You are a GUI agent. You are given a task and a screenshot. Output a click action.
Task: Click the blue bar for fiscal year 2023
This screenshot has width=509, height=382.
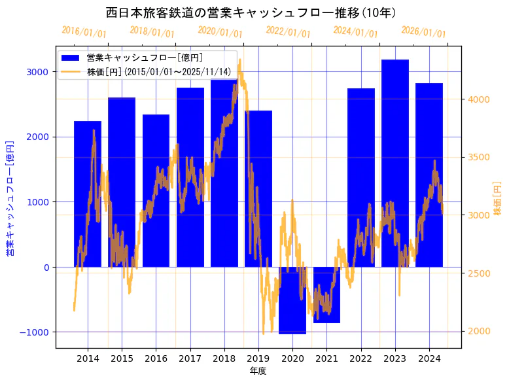point(395,163)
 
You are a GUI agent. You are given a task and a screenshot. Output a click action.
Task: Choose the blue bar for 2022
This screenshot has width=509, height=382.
point(360,177)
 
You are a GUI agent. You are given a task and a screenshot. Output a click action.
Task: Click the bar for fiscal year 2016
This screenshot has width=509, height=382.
point(156,190)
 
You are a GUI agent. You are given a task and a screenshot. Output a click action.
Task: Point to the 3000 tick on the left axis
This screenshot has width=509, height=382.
point(38,71)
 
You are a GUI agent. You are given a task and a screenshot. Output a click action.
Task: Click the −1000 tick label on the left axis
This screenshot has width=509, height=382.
point(35,332)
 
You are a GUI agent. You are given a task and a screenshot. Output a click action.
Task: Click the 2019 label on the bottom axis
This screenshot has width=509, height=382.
point(258,358)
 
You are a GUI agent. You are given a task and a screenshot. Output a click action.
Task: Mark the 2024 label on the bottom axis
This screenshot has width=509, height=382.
point(429,358)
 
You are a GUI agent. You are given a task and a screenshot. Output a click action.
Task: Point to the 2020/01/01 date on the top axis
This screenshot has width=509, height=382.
point(220,32)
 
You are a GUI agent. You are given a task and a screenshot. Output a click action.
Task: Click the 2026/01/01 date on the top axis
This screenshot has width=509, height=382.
point(423,32)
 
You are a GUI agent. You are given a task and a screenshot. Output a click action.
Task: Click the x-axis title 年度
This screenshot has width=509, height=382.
point(258,371)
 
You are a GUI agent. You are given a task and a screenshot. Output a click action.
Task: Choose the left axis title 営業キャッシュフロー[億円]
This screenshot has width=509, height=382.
point(10,197)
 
